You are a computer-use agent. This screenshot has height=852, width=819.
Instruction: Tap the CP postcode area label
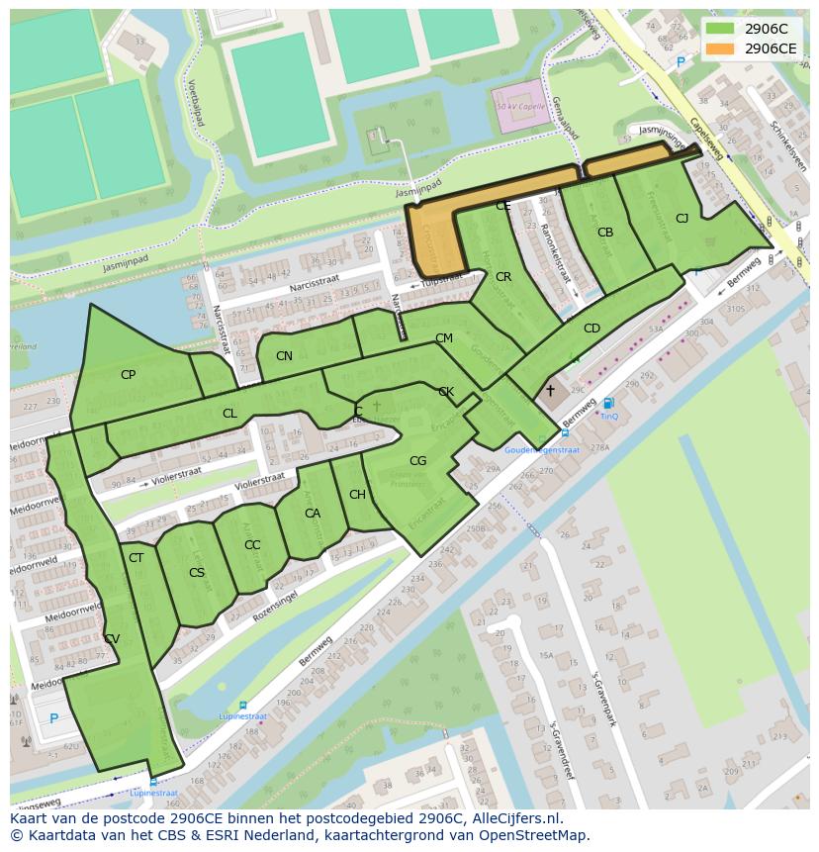click(128, 375)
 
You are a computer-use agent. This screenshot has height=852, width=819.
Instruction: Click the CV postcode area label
click(112, 639)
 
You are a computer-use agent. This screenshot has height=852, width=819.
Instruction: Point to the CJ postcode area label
click(682, 219)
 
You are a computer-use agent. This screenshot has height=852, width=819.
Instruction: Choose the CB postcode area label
click(605, 233)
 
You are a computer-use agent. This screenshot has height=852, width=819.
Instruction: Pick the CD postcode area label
click(591, 329)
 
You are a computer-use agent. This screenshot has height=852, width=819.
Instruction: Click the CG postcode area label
click(417, 461)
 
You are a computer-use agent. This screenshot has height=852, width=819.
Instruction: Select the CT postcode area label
click(136, 558)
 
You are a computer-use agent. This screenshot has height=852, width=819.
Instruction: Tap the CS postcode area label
click(197, 573)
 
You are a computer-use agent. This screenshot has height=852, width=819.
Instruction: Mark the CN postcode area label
click(284, 356)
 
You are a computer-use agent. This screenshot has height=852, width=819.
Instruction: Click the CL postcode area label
click(229, 414)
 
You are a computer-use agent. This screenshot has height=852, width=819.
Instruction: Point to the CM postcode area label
click(444, 338)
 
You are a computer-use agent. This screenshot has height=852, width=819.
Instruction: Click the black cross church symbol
click(550, 391)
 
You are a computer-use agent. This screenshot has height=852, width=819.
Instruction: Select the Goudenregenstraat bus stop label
click(541, 449)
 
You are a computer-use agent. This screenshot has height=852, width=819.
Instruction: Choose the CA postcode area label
click(313, 514)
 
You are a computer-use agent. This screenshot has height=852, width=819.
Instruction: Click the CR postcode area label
click(503, 277)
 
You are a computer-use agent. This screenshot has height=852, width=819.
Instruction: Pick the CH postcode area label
click(357, 495)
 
